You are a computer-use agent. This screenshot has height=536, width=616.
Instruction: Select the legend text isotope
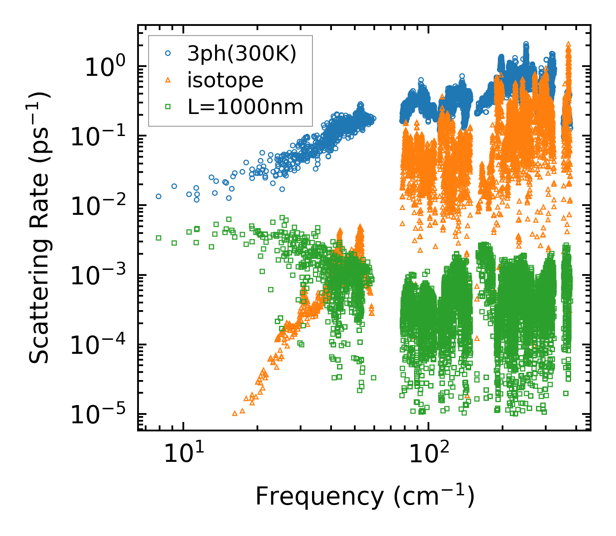point(225,80)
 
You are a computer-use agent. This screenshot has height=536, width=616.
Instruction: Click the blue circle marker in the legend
point(168,54)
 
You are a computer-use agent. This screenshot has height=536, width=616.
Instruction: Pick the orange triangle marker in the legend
point(168,80)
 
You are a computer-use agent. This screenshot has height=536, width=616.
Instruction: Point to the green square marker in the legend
point(168,107)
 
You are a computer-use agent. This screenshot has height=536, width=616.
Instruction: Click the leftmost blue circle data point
point(159,196)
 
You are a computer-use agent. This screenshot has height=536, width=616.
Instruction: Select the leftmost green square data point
point(159,238)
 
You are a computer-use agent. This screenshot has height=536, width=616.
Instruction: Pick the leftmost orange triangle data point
point(235,413)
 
